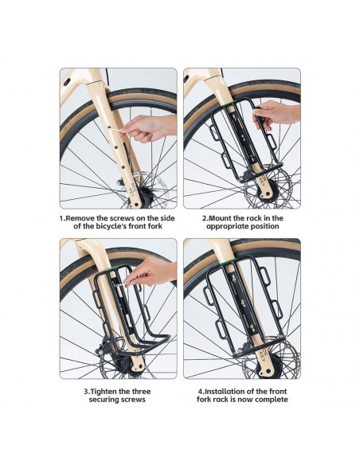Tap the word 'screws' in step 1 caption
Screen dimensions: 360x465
pyautogui.click(x=123, y=218)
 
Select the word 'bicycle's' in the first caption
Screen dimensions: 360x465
pyautogui.click(x=115, y=226)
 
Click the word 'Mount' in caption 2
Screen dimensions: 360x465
pyautogui.click(x=219, y=218)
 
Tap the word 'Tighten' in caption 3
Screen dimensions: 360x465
pyautogui.click(x=104, y=392)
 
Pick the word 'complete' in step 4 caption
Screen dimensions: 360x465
pyautogui.click(x=272, y=400)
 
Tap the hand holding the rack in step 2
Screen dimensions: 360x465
pyautogui.click(x=276, y=115)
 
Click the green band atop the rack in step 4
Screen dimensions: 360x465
pyautogui.click(x=229, y=262)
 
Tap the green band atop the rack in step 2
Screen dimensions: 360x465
pyautogui.click(x=229, y=104)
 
